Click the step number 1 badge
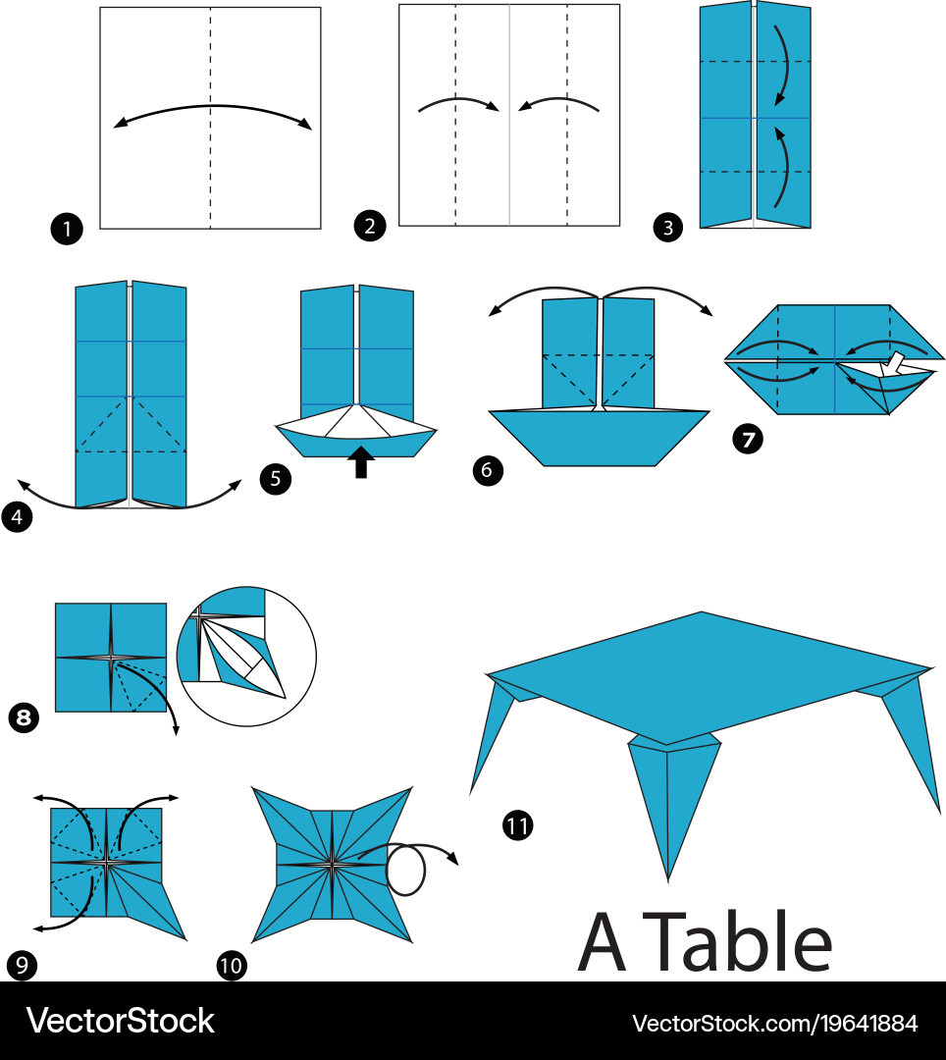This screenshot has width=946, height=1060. pos(67,229)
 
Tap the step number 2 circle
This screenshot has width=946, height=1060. pos(370,225)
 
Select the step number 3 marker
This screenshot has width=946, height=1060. pos(667,227)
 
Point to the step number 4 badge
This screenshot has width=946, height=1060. pos(17,517)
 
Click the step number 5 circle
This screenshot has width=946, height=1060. pos(275,479)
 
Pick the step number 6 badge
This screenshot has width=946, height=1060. pos(488,470)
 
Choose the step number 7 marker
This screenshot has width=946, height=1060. pos(748,440)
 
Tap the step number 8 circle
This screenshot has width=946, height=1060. pos(24,717)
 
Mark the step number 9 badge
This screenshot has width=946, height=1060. pos(22,965)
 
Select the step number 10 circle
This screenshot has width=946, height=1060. pos(231,965)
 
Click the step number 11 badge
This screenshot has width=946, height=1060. pos(517,825)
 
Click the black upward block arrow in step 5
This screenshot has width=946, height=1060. pos(361,461)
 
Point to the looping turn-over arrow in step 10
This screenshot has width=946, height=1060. pos(405,869)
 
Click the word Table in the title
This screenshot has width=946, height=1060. pos(737,941)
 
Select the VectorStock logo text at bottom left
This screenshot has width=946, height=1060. pos(121,1021)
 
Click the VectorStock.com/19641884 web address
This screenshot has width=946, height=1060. pos(774,1023)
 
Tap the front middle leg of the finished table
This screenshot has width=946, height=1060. pos(670,805)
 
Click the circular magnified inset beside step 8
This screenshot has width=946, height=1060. pos(246,657)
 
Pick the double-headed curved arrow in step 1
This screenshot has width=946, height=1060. pos(212,105)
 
